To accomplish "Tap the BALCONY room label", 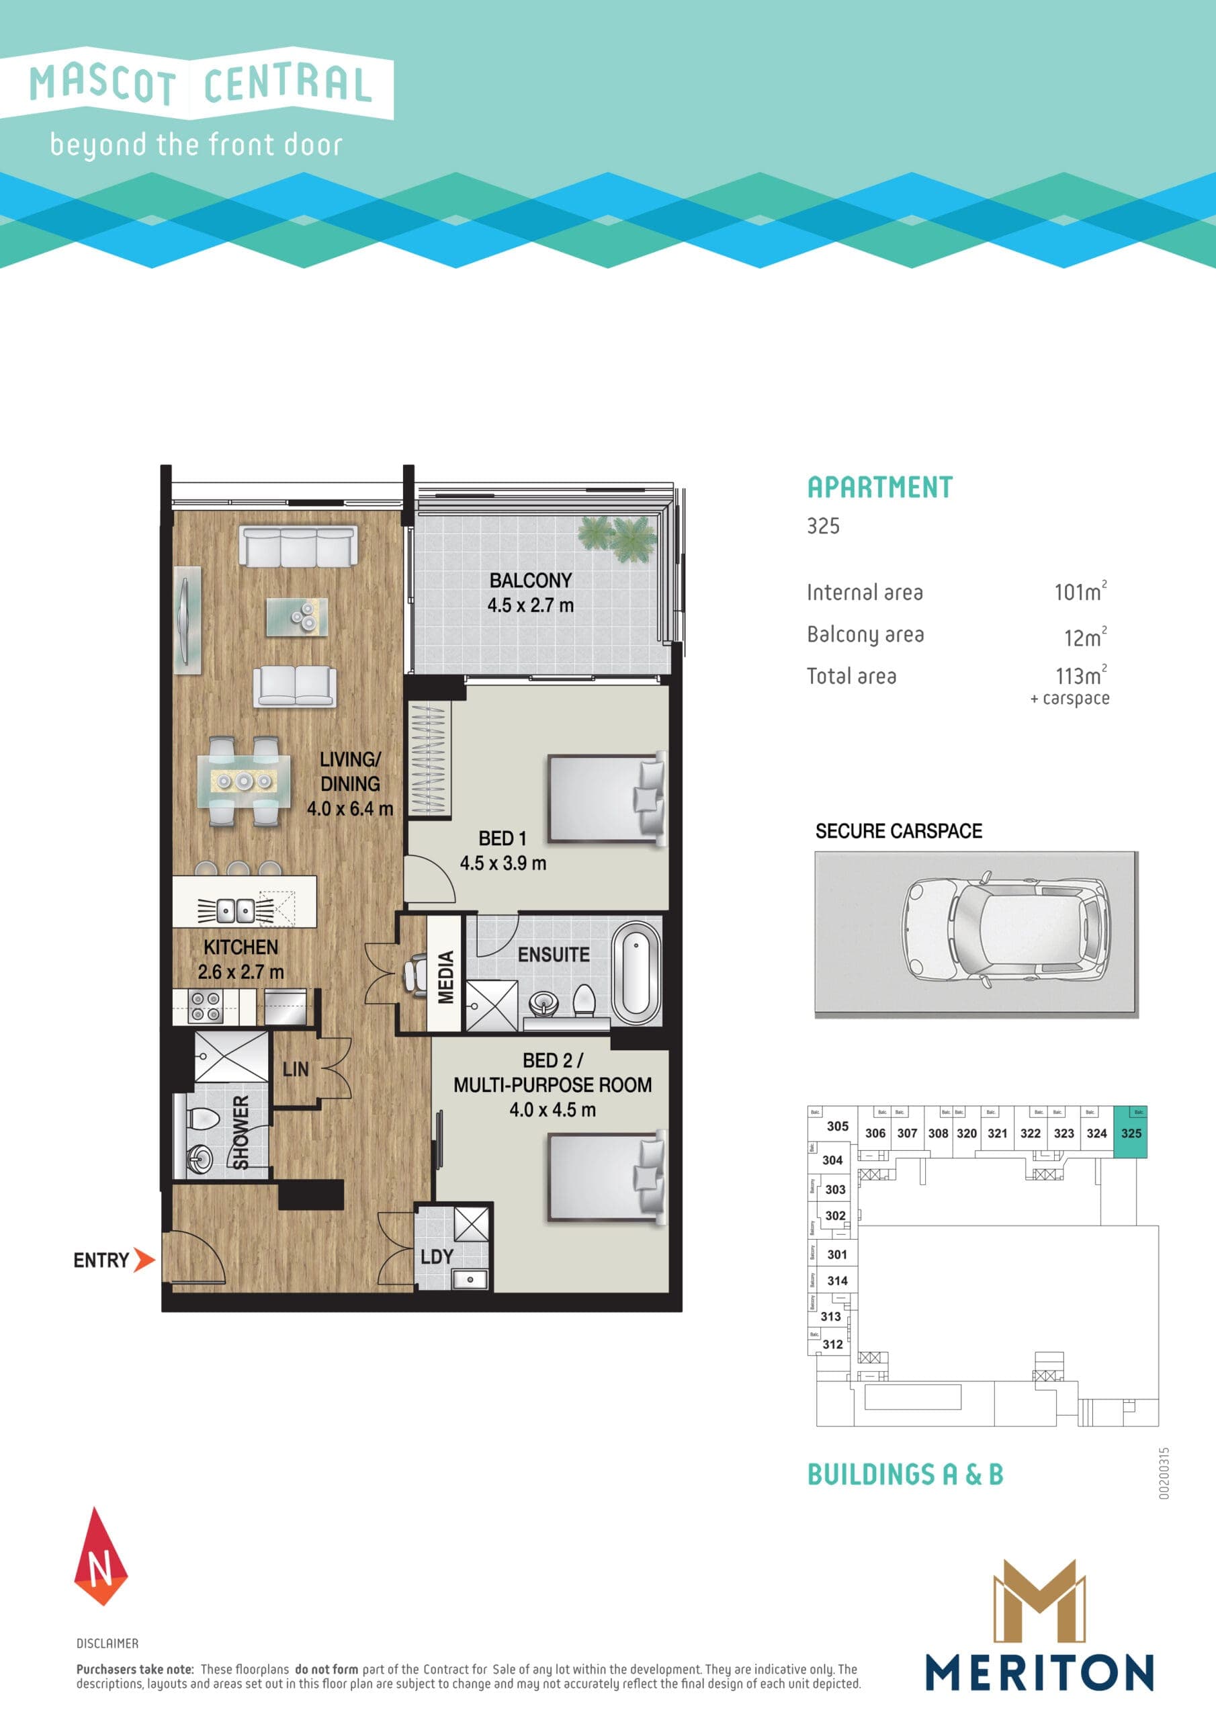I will pos(531,580).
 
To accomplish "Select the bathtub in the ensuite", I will pos(636,973).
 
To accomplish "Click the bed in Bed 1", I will pos(605,799).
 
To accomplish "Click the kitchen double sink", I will pos(235,911).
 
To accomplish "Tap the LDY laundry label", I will pos(437,1257).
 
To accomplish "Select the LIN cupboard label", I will pos(295,1070).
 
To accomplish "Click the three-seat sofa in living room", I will pos(298,546).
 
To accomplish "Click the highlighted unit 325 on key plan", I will pos(1131,1133).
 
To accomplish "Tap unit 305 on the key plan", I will pos(838,1126).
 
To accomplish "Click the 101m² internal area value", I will pos(1080,592).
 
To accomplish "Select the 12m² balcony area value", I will pos(1084,638).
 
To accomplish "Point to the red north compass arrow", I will pos(100,1557).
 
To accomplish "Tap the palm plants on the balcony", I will pos(617,537).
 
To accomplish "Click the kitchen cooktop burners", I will pos(204,1006).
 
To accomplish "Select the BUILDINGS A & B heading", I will pos(905,1474).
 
